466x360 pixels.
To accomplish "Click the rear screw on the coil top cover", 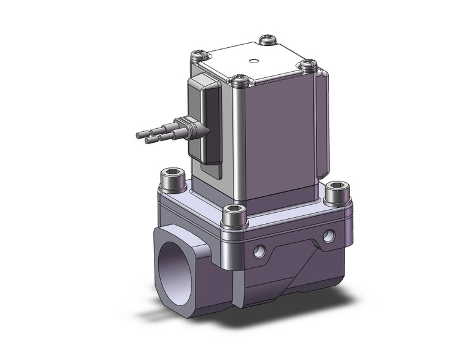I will (x=268, y=40).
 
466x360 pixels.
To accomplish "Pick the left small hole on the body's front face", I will (x=260, y=250).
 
